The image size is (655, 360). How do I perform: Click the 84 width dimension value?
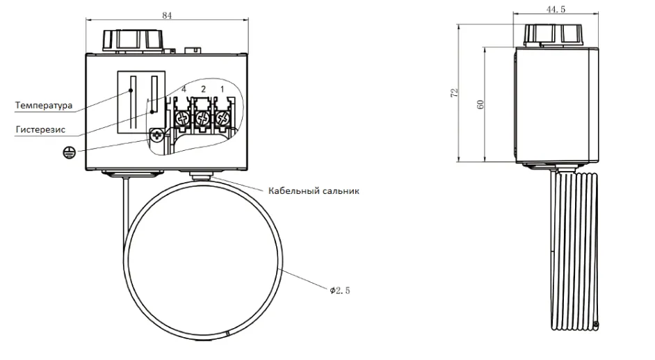coord(167,15)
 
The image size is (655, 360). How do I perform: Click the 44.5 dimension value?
coord(556,9)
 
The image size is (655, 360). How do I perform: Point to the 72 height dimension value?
coord(455,92)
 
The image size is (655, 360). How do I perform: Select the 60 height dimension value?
coord(480,104)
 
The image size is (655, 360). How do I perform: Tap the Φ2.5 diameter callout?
coord(339,291)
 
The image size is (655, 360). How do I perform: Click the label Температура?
coord(44,105)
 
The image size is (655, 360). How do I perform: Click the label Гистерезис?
coord(40,129)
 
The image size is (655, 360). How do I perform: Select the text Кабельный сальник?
coord(314,191)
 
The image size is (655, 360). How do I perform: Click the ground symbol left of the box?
coord(70,153)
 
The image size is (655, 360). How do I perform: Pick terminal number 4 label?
coord(184,89)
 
